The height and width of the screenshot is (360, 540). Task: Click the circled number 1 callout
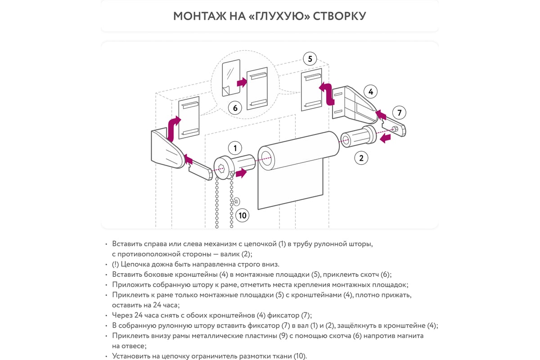[x=235, y=148]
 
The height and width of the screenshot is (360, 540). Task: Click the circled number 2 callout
[x=361, y=157]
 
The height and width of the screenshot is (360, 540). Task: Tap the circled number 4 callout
[x=370, y=92]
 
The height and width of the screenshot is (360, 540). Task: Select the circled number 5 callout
[x=310, y=58]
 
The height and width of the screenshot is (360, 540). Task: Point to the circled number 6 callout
[x=235, y=108]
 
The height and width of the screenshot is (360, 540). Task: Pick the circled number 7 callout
[x=399, y=112]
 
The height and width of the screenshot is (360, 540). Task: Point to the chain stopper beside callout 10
[x=237, y=201]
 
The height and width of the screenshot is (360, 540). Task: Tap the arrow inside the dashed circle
[x=242, y=82]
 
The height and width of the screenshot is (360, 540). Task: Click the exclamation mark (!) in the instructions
[x=115, y=264]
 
